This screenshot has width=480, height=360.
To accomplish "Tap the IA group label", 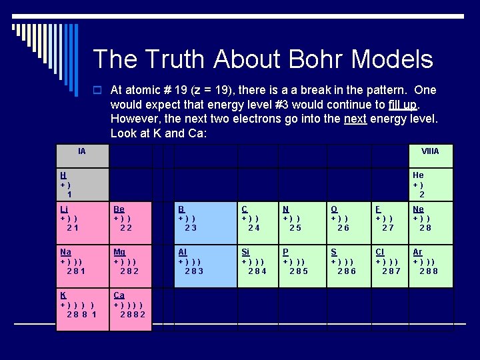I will (x=81, y=151).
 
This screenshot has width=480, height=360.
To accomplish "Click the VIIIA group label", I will (x=430, y=151).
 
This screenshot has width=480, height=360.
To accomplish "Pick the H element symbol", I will (x=63, y=175).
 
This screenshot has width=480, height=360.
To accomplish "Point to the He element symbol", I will (x=418, y=175).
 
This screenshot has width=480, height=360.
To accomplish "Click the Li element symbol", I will (x=64, y=209).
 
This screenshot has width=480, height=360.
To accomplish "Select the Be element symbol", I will (x=119, y=209).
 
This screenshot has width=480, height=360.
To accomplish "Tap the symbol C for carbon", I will (x=244, y=209).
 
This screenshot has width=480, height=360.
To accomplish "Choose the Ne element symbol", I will (x=418, y=209).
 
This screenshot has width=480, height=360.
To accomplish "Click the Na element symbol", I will (x=65, y=252).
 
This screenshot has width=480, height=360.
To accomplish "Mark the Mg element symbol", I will (x=119, y=252).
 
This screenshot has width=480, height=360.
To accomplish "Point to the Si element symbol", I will (x=245, y=252).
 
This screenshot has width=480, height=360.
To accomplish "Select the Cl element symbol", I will (x=379, y=252).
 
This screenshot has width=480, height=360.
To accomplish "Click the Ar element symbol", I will (x=417, y=252).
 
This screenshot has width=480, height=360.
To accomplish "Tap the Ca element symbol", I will (x=119, y=295).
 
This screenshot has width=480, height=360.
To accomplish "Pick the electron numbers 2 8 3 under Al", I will (x=194, y=271).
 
